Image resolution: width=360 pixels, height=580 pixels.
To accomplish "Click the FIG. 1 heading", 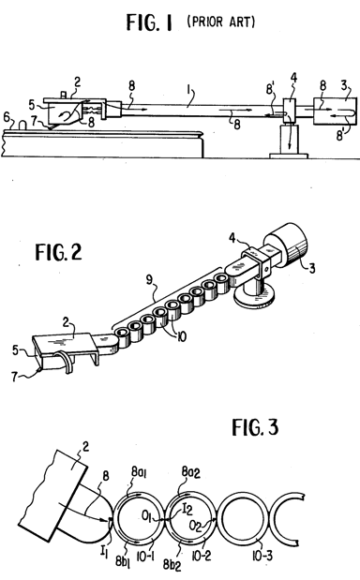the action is point(149,22).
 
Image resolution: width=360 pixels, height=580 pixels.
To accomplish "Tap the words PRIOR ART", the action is point(221,22).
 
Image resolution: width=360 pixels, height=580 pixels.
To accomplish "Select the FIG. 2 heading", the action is point(58,252).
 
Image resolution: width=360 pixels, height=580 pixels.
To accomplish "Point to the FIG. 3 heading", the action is point(255,427).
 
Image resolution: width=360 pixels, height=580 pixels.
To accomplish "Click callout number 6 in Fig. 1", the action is point(7,117).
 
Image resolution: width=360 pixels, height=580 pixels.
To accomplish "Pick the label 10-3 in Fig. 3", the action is point(262,556).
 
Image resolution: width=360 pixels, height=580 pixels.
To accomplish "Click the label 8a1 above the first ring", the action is point(139,472).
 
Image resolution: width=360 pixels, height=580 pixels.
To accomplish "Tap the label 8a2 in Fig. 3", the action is point(190,472).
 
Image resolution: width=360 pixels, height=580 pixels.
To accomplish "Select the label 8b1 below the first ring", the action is point(123,560).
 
